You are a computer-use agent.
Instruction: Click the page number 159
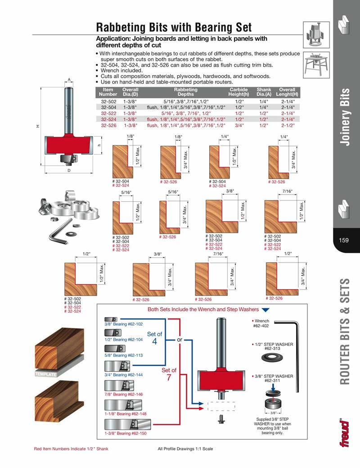344,240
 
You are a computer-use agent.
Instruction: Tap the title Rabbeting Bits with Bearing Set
174,27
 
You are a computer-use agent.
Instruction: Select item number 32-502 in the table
109,102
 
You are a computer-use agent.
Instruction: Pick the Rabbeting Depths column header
185,92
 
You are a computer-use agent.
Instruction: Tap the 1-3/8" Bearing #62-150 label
126,433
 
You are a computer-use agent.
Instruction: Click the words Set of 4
154,337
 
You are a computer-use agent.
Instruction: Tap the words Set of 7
169,374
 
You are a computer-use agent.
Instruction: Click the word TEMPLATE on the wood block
45,374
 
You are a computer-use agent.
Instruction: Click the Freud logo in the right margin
345,433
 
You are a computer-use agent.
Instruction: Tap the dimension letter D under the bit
69,171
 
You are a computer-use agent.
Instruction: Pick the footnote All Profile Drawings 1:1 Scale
185,449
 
